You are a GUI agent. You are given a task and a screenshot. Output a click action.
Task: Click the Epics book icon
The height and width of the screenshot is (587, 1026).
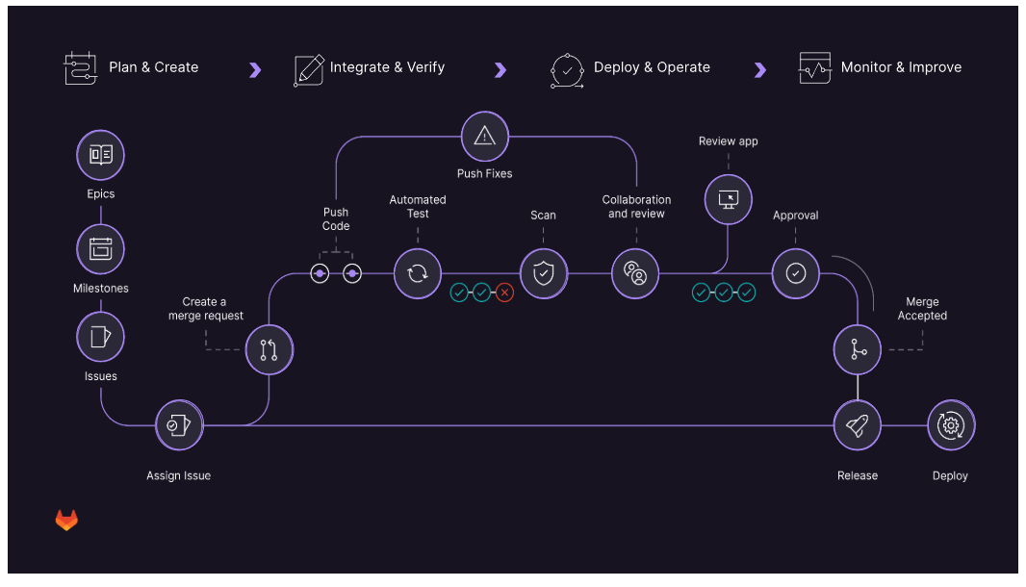click(100, 154)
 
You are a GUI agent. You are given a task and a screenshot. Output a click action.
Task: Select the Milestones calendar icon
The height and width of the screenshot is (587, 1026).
click(100, 248)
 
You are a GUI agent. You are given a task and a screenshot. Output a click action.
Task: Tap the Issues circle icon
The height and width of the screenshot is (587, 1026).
click(100, 337)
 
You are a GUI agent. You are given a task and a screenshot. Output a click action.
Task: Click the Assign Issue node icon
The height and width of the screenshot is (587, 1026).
click(179, 425)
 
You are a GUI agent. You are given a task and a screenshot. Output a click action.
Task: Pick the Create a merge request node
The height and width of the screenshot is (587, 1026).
click(269, 350)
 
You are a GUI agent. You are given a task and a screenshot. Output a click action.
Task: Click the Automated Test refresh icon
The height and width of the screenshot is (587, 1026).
click(418, 273)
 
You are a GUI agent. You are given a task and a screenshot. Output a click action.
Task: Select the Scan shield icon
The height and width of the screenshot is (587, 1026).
click(544, 273)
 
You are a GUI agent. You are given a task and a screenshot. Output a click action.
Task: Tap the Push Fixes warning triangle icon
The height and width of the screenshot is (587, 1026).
click(484, 136)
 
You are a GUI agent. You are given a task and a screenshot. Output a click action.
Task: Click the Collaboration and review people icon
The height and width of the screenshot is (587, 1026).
click(635, 273)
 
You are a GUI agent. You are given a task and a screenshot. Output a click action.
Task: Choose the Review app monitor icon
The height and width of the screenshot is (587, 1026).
click(729, 198)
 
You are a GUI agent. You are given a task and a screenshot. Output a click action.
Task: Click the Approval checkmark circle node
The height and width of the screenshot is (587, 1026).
click(795, 273)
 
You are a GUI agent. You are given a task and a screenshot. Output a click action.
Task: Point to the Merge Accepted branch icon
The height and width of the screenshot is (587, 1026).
click(857, 350)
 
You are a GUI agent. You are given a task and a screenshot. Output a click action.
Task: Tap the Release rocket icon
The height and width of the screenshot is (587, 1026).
click(857, 425)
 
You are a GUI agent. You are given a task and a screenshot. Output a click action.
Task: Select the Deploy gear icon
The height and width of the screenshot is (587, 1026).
click(951, 425)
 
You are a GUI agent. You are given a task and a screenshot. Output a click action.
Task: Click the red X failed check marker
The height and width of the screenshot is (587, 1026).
click(504, 293)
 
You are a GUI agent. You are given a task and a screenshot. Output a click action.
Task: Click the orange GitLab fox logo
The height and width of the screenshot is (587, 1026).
click(66, 521)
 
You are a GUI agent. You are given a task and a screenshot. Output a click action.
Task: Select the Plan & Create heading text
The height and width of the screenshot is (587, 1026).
click(153, 67)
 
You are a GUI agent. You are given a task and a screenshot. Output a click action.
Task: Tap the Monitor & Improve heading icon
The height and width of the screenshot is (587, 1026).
click(815, 68)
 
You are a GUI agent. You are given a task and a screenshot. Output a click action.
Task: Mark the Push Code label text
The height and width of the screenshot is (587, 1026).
click(336, 218)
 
